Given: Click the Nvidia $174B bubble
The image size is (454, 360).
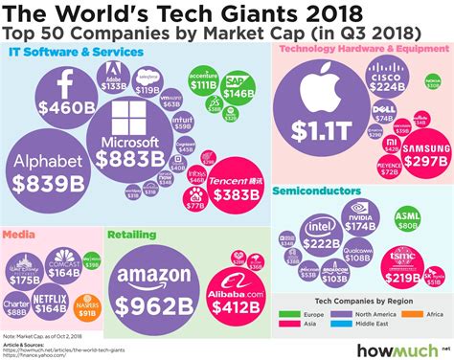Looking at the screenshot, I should point(361,220).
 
